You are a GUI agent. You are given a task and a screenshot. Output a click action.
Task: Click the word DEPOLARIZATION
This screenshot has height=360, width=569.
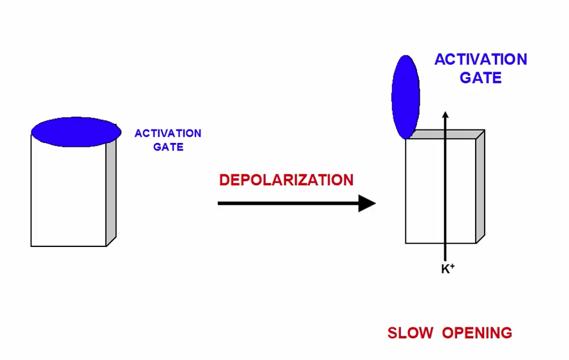tap(286, 180)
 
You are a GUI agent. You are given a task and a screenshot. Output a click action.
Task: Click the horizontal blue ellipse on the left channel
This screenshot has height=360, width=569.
tap(76, 131)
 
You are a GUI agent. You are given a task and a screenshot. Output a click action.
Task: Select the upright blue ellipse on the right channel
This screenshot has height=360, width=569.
tap(406, 97)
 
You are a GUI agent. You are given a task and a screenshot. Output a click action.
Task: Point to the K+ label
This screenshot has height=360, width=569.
tap(448, 269)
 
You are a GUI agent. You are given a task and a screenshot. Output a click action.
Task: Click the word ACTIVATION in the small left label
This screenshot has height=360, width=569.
tap(168, 133)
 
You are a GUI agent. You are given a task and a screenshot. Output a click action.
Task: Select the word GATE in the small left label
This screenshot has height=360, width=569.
tap(168, 147)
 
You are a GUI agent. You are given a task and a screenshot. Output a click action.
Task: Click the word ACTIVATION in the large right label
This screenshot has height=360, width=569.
tap(481, 59)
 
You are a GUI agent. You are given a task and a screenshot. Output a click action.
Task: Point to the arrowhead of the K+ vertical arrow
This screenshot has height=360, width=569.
tap(446, 115)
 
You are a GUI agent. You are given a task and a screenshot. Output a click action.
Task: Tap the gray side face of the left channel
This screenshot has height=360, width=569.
tap(111, 191)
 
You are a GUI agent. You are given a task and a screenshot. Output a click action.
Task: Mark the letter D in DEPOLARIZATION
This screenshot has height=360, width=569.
tap(224, 180)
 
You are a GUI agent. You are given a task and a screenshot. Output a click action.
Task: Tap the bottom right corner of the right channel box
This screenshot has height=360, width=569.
tap(476, 243)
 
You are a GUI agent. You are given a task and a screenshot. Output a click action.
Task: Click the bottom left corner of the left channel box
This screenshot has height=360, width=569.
tap(31, 246)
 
